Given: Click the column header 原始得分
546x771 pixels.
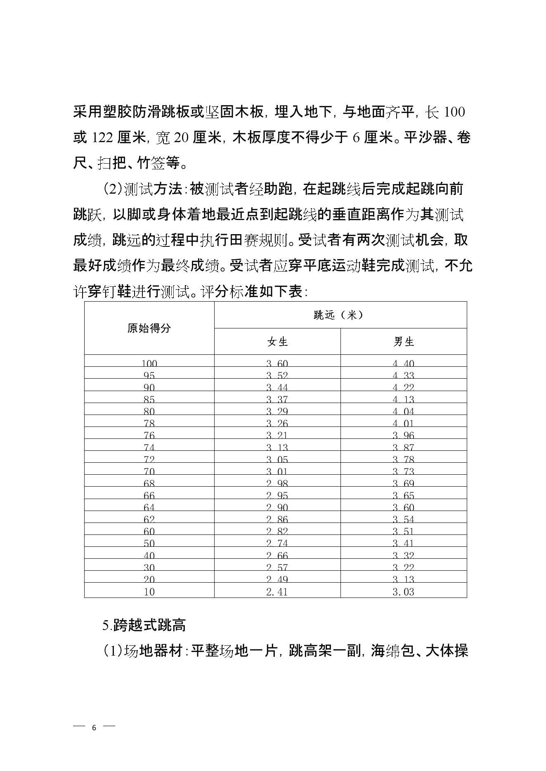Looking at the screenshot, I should click(149, 328).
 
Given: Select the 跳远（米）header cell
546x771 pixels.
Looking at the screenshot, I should click(340, 315).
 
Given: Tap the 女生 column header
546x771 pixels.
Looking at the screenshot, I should click(277, 342).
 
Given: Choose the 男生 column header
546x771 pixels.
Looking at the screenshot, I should click(403, 342).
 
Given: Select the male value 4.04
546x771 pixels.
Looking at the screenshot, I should click(403, 411).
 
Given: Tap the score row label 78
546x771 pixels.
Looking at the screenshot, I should click(149, 423).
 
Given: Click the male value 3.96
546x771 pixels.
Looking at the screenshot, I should click(403, 435).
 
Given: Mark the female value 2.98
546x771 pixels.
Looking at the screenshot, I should click(277, 483).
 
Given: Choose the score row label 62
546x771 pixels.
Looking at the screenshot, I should click(149, 519).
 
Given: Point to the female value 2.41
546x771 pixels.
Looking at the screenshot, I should click(277, 592).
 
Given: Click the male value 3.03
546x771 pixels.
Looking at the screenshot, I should click(403, 592).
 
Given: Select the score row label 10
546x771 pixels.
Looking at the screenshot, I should click(149, 592).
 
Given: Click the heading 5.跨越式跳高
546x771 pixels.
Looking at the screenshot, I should click(144, 626).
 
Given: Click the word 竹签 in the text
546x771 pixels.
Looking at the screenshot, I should click(151, 164).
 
